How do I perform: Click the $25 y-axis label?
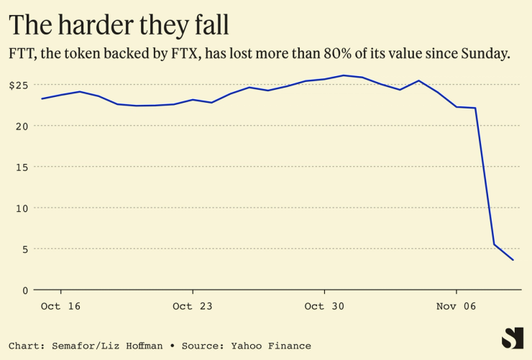[x=18, y=85]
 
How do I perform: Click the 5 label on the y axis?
[x=24, y=249]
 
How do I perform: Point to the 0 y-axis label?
[x=24, y=290]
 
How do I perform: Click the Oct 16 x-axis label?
[x=60, y=306]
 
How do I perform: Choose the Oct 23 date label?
[x=193, y=306]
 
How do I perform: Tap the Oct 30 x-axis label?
[x=324, y=306]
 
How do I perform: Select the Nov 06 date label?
[x=457, y=306]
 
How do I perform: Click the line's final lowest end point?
[x=513, y=260]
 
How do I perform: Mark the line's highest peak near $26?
[x=343, y=75]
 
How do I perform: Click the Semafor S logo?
[x=513, y=338]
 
